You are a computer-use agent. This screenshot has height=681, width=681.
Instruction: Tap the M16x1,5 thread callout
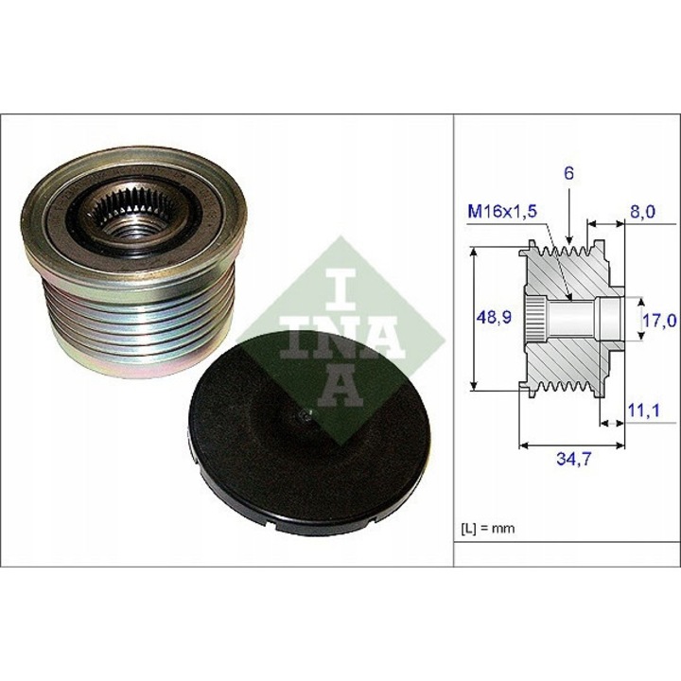(x=502, y=213)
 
